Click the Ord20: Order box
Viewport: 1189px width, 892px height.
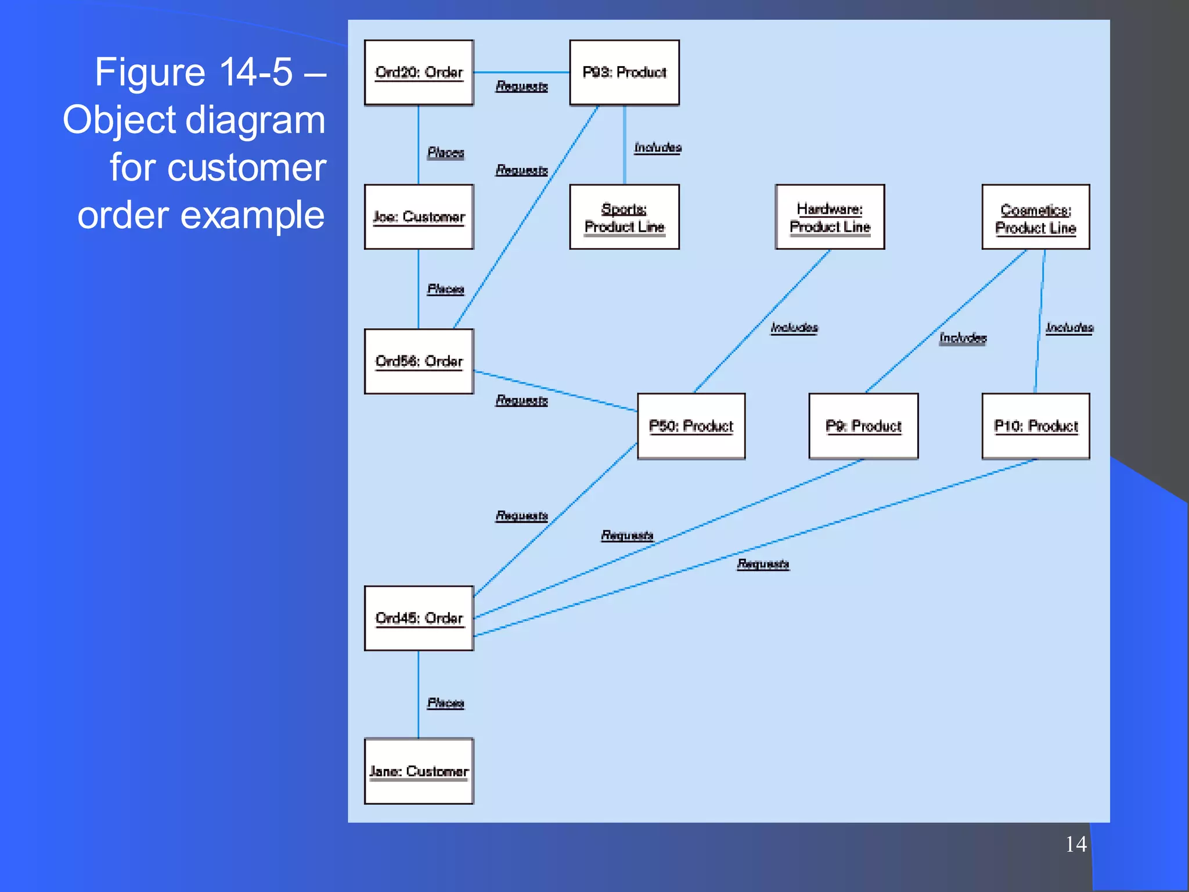coord(419,73)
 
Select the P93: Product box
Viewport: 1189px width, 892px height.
coord(624,73)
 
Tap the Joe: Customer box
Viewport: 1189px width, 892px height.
coord(419,217)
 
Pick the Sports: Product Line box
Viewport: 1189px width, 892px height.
coord(624,217)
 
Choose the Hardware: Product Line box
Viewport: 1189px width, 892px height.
coord(830,217)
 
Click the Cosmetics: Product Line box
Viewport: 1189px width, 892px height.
coord(1035,217)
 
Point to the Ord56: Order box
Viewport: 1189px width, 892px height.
coord(419,361)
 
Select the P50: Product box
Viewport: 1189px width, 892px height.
coord(691,426)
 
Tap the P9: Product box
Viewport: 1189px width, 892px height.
coord(863,426)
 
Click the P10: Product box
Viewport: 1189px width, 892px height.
coord(1035,426)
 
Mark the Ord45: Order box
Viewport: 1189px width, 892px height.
coord(419,618)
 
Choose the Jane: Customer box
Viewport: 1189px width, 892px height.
coord(419,771)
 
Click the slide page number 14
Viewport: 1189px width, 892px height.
coord(1076,844)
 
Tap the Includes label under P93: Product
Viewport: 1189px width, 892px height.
coord(657,148)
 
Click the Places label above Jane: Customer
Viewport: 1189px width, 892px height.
coord(445,703)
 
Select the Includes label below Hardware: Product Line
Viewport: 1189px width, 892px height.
coord(794,328)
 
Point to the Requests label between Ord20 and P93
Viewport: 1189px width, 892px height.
coord(521,86)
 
